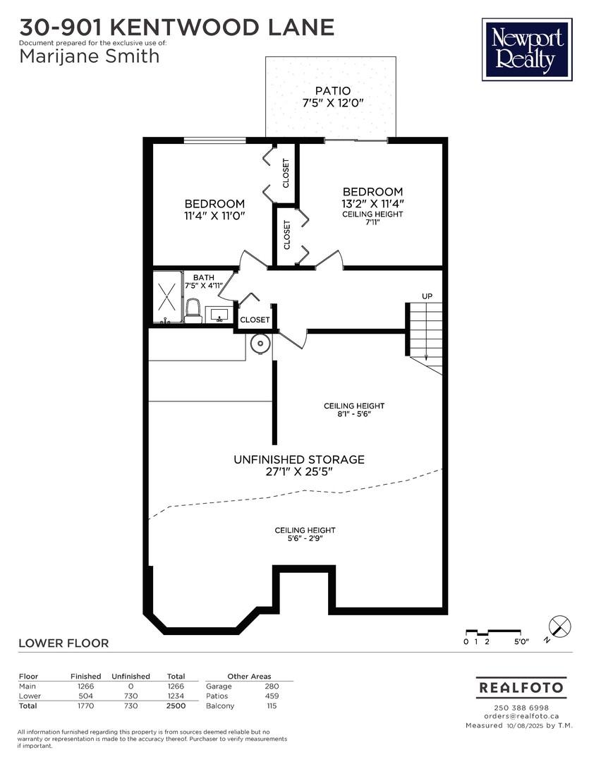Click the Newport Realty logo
[x=527, y=49]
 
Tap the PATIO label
[x=333, y=91]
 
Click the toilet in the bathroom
[x=193, y=311]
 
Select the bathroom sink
[x=219, y=315]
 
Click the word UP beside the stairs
[x=427, y=296]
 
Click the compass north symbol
[x=559, y=626]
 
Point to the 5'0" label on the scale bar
[x=521, y=641]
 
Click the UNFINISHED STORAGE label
[x=299, y=459]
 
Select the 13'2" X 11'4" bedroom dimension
[x=372, y=204]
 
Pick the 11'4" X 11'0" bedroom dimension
[x=214, y=215]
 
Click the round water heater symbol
[x=260, y=344]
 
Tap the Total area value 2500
[x=176, y=706]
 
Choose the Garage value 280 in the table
[x=272, y=687]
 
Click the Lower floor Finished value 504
[x=85, y=696]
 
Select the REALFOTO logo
[x=521, y=688]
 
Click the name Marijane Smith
[x=90, y=56]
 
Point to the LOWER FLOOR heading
[x=63, y=643]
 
